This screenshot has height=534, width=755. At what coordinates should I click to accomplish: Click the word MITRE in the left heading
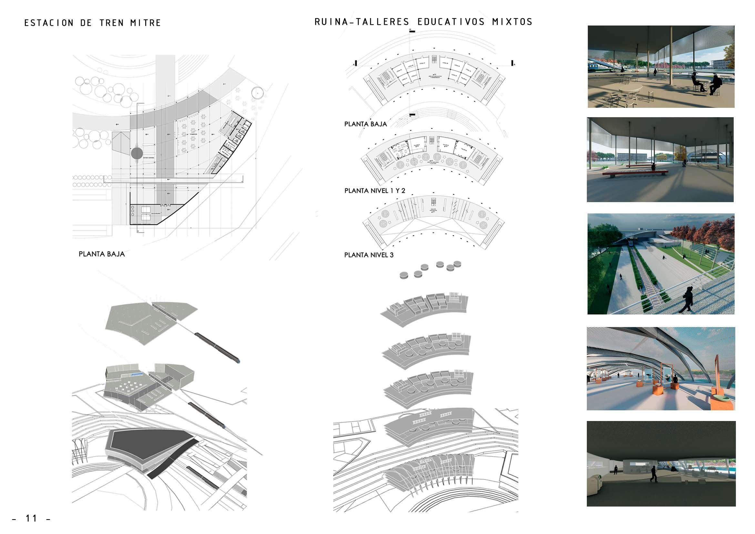[145, 23]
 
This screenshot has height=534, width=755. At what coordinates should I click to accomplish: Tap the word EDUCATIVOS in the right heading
[451, 22]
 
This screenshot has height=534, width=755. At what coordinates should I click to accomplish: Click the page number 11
[32, 519]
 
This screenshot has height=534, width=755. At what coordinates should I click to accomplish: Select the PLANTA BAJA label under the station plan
[102, 254]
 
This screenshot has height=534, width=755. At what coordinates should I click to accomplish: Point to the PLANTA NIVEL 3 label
[369, 255]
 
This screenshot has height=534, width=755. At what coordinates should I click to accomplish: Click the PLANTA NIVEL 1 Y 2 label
[374, 191]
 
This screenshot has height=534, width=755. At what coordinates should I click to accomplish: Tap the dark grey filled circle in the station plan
[137, 153]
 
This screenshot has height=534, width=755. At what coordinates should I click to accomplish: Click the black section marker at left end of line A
[356, 63]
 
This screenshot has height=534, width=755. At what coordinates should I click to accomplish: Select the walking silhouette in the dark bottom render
[652, 475]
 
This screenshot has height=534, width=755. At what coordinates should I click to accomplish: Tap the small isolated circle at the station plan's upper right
[257, 93]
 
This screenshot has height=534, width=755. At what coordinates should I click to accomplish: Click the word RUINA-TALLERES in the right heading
[362, 22]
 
